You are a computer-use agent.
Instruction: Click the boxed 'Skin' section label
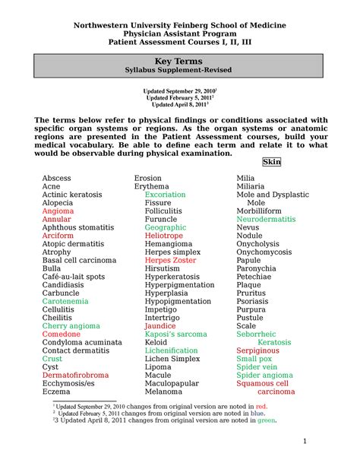(x=271, y=162)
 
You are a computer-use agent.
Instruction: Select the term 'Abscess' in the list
(x=57, y=178)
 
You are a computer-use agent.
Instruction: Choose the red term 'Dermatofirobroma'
(x=76, y=376)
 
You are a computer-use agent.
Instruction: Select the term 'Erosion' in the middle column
(x=148, y=178)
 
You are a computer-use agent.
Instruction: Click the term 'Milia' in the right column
(x=246, y=178)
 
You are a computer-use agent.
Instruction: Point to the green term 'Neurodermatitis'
(x=267, y=219)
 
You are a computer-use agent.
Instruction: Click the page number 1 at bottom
(x=304, y=442)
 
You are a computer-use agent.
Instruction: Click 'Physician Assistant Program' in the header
(x=180, y=34)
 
